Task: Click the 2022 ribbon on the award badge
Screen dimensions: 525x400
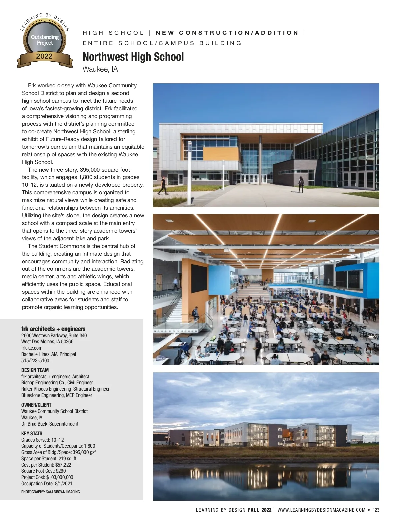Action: tap(44, 56)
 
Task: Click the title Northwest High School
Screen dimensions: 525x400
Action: tap(133, 57)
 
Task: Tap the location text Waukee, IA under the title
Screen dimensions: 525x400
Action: tap(100, 69)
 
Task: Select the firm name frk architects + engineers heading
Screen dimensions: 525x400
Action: tap(53, 329)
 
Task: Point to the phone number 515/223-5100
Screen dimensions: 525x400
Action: tap(35, 360)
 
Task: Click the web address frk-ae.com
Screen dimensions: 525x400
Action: tap(32, 348)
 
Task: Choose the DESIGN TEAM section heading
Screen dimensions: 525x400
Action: tap(35, 370)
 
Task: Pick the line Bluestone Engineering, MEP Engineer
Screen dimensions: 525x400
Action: tap(57, 395)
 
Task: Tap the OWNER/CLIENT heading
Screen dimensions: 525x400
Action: tap(36, 405)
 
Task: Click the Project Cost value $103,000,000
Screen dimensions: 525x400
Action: tap(60, 477)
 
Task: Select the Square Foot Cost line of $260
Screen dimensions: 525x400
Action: tap(43, 471)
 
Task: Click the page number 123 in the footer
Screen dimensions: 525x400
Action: tap(376, 510)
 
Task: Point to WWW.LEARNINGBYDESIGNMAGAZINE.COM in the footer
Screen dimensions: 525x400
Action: tap(321, 510)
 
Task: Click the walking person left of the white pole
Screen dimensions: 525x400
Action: tap(163, 186)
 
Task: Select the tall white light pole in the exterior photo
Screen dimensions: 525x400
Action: tap(189, 173)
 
